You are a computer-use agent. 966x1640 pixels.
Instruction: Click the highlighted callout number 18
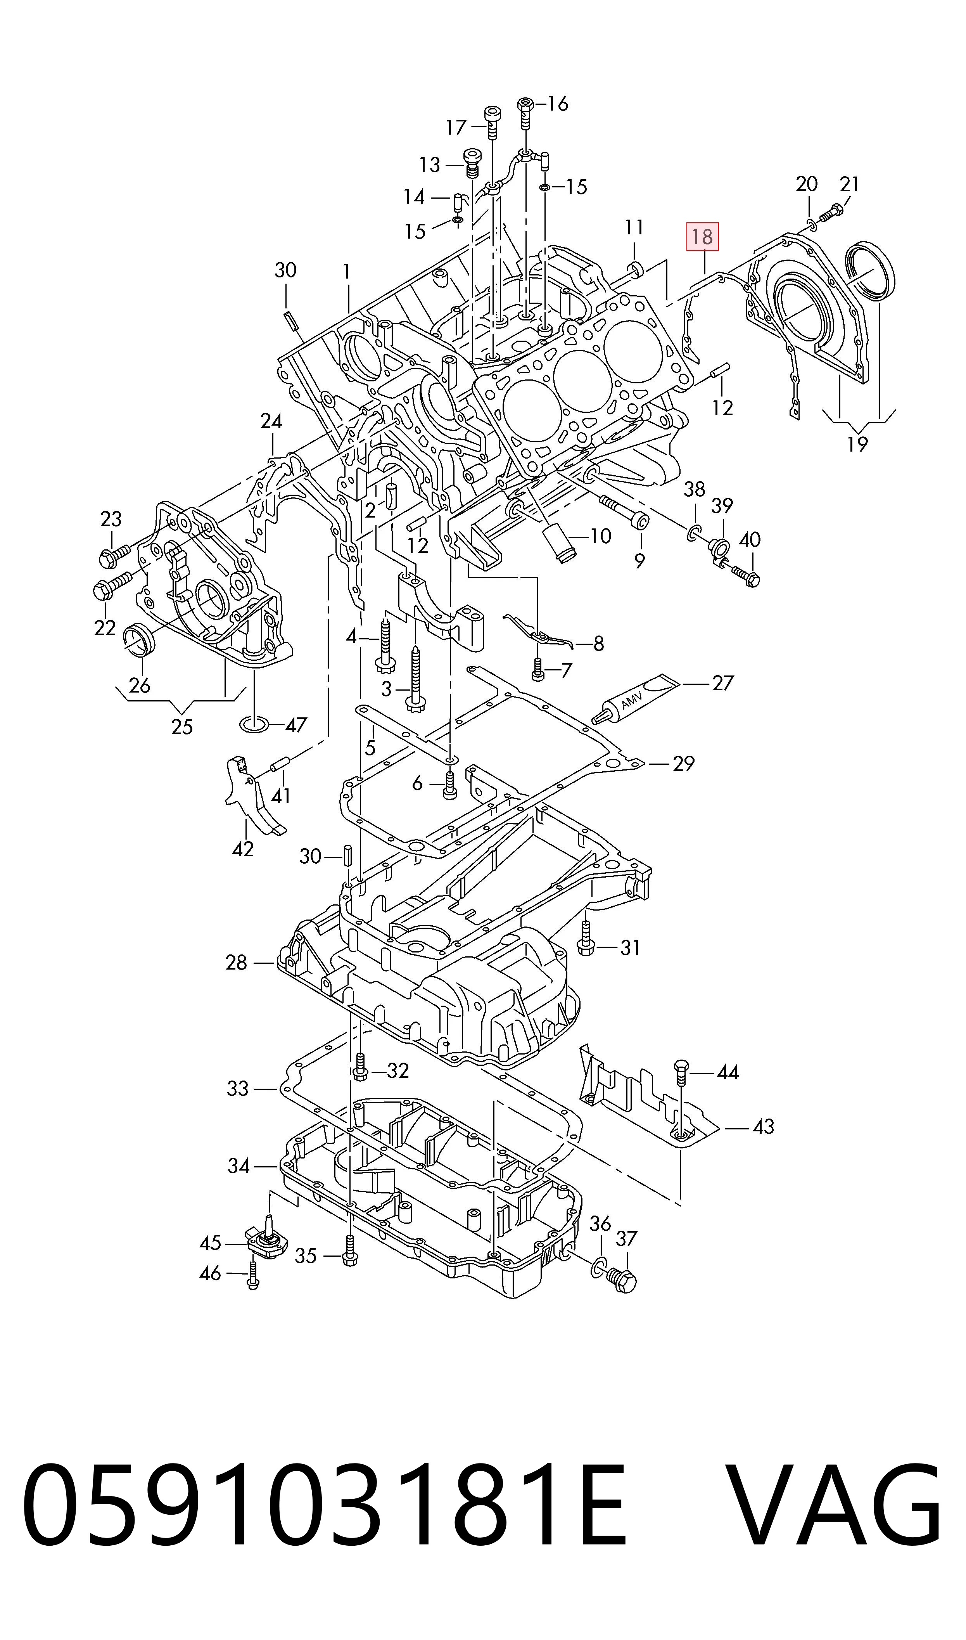(x=702, y=237)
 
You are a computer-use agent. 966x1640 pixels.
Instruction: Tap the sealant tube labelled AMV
(x=635, y=699)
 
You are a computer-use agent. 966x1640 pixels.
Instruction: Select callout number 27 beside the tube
(x=722, y=683)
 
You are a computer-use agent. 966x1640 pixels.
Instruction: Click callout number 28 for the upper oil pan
(x=236, y=962)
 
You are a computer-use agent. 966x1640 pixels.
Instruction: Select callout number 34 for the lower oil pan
(x=238, y=1166)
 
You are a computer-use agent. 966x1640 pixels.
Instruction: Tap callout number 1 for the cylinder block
(x=346, y=272)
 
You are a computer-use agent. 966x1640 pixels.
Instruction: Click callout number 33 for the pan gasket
(x=238, y=1089)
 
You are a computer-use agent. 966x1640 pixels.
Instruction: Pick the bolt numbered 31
(x=584, y=941)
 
